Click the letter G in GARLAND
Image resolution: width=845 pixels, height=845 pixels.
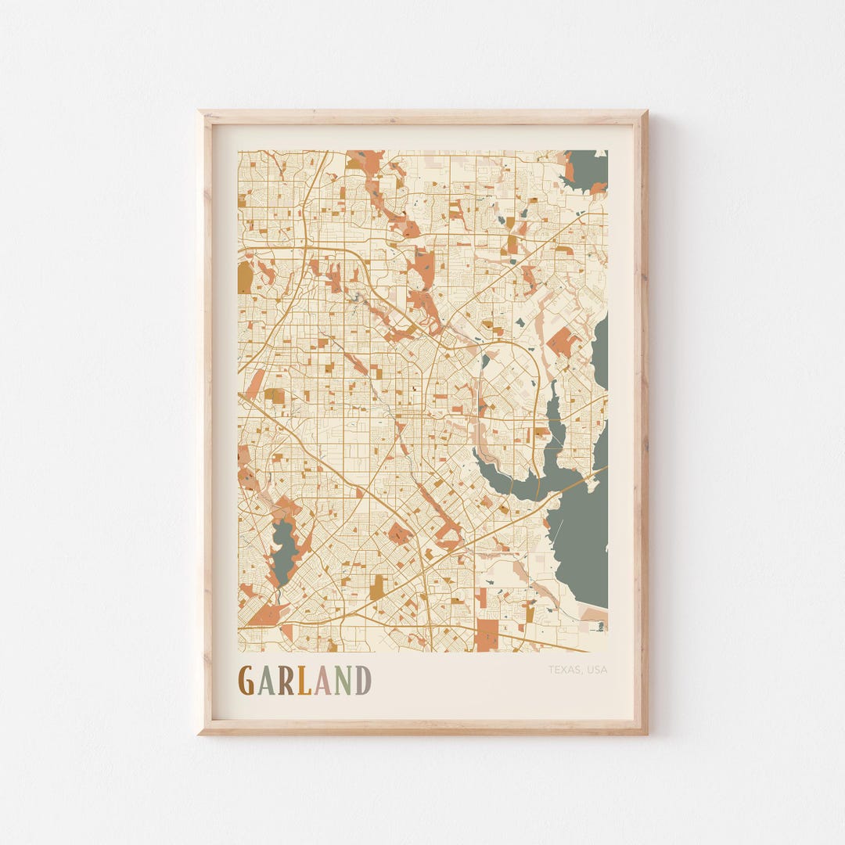[x=246, y=681]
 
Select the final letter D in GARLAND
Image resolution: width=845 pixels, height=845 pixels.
[x=363, y=681]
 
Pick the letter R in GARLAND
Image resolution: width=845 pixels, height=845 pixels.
[x=285, y=681]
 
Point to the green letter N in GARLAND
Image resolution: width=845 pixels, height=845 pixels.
[x=343, y=681]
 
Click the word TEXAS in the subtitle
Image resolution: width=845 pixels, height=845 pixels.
[x=563, y=670]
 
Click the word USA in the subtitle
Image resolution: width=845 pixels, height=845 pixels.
[x=597, y=670]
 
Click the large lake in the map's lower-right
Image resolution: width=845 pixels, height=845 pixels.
[x=581, y=540]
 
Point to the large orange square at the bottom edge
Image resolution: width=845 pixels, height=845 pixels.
[x=487, y=635]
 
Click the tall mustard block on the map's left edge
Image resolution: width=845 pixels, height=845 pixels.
[x=245, y=277]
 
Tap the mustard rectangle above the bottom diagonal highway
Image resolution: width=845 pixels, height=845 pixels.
[x=378, y=587]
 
